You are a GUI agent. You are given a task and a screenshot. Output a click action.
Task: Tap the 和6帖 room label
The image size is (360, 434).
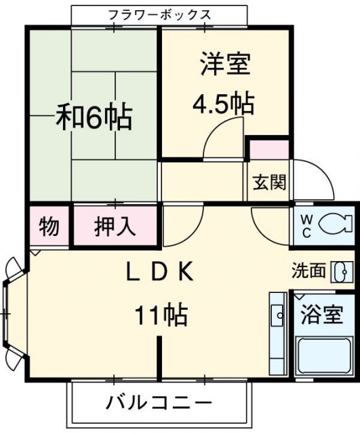pyautogui.click(x=94, y=118)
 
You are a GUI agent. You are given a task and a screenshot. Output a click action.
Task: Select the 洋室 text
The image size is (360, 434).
pyautogui.click(x=226, y=65)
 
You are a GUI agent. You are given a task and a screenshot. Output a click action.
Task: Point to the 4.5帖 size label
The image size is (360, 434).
pyautogui.click(x=223, y=104)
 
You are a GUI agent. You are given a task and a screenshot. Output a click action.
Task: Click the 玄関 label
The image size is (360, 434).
pyautogui.click(x=270, y=182)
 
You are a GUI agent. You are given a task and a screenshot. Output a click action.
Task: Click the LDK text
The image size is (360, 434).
pyautogui.click(x=161, y=273)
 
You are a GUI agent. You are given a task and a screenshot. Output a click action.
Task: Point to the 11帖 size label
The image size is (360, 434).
pyautogui.click(x=160, y=315)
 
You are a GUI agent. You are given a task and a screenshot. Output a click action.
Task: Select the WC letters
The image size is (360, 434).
pyautogui.click(x=306, y=226)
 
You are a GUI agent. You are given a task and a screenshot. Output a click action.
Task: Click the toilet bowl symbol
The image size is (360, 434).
pyautogui.click(x=336, y=222)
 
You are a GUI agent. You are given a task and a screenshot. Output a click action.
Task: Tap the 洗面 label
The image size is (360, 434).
pyautogui.click(x=309, y=271)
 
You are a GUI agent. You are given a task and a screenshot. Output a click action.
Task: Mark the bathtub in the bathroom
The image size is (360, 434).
pyautogui.click(x=325, y=356)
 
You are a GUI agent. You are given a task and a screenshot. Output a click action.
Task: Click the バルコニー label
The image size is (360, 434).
pyautogui.click(x=159, y=402)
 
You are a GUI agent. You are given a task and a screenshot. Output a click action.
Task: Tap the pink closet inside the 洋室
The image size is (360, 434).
pyautogui.click(x=268, y=148)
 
